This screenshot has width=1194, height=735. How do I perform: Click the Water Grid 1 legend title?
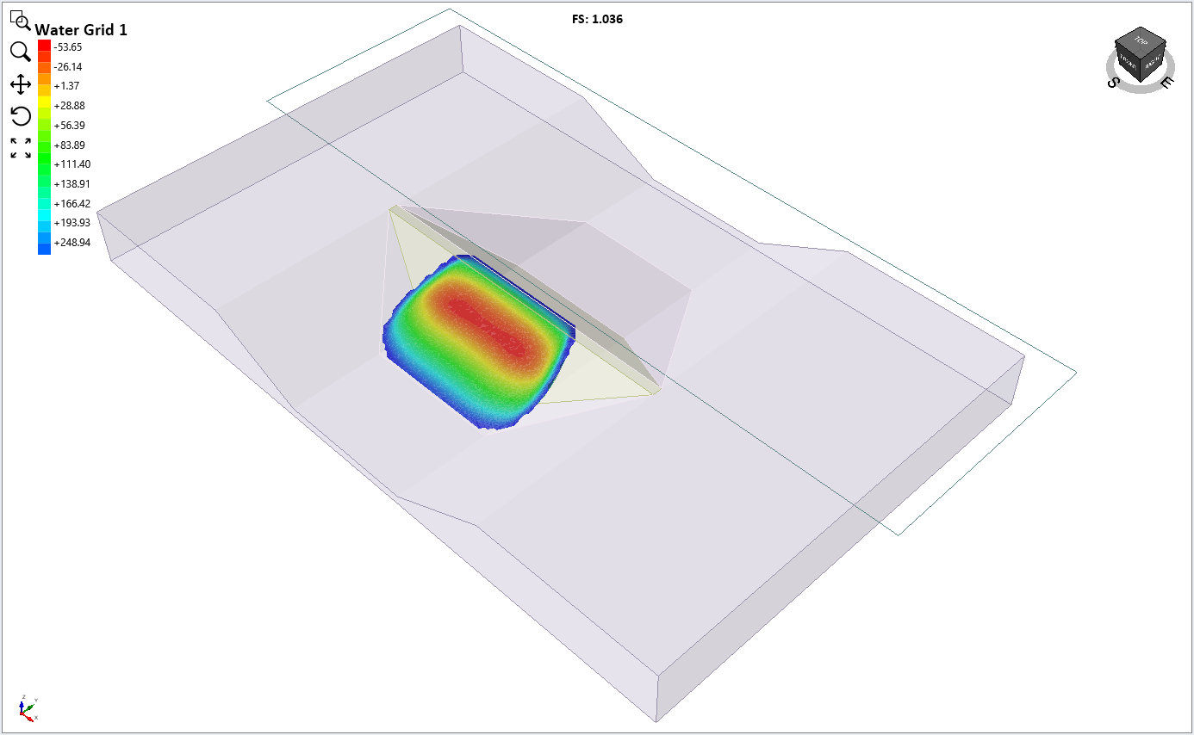pos(81,30)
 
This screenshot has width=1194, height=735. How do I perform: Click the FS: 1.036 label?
pos(597,19)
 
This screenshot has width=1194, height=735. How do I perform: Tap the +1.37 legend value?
pos(67,86)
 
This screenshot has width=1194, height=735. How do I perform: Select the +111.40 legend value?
pos(72,164)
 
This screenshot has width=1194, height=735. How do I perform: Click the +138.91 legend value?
pos(72,184)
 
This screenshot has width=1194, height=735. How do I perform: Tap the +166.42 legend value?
pos(72,204)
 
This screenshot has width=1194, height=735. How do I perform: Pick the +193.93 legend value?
pos(72,223)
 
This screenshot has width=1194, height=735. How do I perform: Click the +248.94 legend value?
pos(72,243)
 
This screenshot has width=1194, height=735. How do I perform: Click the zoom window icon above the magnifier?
pos(21,20)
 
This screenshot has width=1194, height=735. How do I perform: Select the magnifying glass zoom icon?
pos(21,52)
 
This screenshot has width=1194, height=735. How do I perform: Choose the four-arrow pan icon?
pos(21,83)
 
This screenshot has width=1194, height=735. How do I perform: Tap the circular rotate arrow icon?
pos(21,115)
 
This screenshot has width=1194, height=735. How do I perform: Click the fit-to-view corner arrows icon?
pos(21,148)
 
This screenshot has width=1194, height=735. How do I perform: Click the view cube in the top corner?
pos(1139,57)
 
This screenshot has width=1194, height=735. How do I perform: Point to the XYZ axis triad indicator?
pos(26,707)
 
